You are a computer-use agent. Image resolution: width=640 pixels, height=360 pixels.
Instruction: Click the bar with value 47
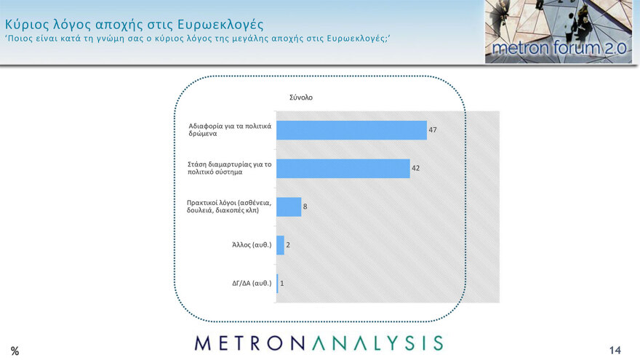click(351, 130)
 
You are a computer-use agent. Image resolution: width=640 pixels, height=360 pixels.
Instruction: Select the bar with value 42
click(343, 169)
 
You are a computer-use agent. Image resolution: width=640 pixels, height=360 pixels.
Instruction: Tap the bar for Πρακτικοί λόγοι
click(289, 207)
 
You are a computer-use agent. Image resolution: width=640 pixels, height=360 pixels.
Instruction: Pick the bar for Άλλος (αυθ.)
click(280, 245)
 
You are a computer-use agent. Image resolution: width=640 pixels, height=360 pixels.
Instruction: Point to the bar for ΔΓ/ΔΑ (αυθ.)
click(277, 283)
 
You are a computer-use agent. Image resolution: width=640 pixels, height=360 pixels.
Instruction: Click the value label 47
click(433, 130)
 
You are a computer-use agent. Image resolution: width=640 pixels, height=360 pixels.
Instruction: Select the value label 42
click(416, 169)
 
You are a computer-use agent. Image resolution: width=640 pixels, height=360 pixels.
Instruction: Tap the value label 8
click(305, 207)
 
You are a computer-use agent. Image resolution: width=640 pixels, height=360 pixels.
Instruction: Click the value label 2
click(289, 245)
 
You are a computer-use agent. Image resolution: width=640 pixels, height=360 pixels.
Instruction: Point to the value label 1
click(282, 283)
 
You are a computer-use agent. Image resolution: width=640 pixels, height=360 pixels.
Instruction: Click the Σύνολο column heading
click(300, 97)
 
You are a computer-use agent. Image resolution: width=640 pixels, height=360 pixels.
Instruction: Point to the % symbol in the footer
click(15, 351)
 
